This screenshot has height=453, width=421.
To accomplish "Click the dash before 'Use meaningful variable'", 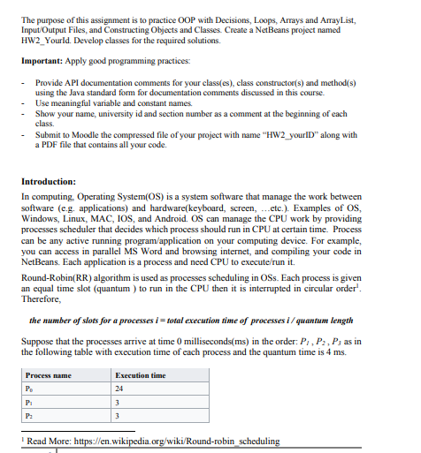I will [23, 103].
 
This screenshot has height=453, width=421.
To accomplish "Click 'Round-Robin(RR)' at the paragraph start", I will [52, 276].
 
